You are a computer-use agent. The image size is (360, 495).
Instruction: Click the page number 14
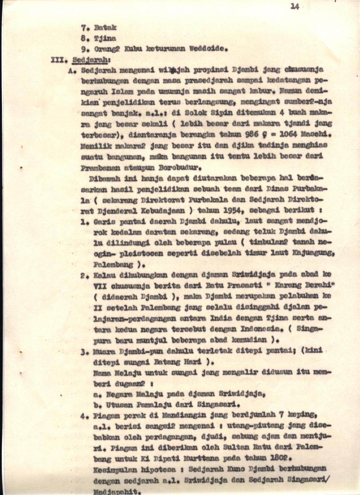(295, 6)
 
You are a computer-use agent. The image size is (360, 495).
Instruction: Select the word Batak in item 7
(105, 28)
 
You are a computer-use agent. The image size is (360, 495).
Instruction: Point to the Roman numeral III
(58, 60)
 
